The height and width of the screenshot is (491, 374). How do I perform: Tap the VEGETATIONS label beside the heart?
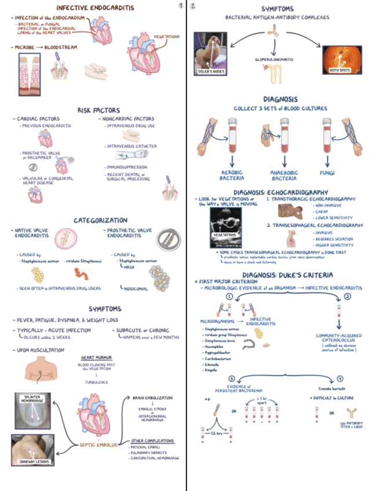pyautogui.click(x=166, y=36)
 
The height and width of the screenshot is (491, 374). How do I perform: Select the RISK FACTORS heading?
pyautogui.click(x=98, y=110)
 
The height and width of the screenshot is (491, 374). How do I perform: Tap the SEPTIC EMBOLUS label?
pyautogui.click(x=100, y=445)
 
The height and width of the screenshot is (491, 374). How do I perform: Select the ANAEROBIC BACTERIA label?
pyautogui.click(x=285, y=176)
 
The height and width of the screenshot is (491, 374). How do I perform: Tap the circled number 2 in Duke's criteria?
pyautogui.click(x=347, y=296)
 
